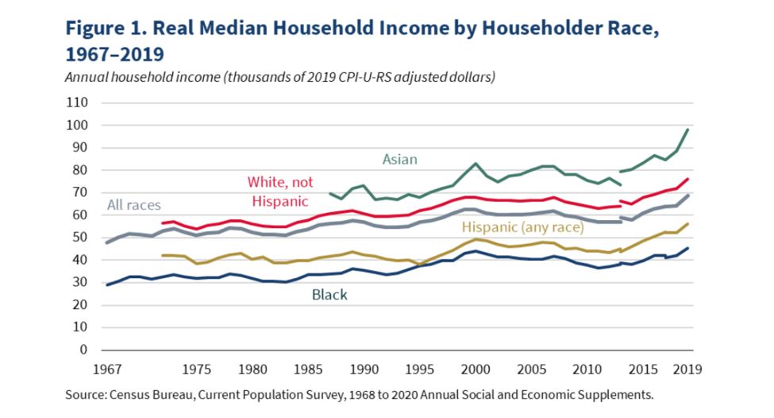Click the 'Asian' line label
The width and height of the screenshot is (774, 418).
click(400, 159)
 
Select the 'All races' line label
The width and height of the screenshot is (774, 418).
click(135, 206)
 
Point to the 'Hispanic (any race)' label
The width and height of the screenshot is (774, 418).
click(523, 227)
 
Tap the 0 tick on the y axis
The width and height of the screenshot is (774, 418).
click(83, 350)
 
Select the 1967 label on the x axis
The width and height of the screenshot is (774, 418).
click(106, 370)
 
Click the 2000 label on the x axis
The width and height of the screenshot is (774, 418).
click(476, 370)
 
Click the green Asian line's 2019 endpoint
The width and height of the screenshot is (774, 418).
click(688, 130)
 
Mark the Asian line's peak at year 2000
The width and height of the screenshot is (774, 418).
click(476, 164)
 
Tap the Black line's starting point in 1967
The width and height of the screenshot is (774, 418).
click(106, 284)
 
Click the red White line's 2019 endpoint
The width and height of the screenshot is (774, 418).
click(688, 179)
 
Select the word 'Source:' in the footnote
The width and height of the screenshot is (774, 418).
click(92, 393)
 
